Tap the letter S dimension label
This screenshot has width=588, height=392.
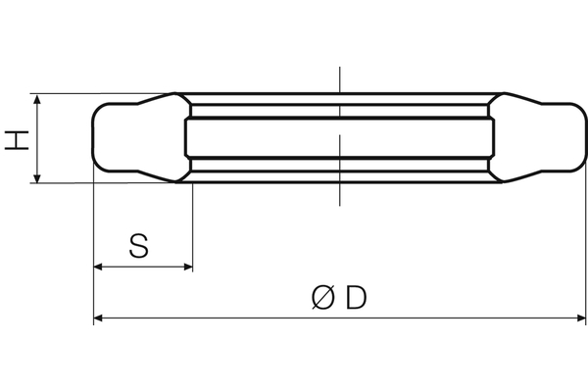coord(139,245)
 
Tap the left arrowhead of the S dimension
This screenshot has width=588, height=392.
coord(98,267)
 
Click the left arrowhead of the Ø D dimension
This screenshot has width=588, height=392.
coord(99,318)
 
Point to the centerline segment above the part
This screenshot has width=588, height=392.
coord(338,78)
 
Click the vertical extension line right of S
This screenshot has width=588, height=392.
coord(192,225)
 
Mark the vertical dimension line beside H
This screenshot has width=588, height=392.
coord(37,138)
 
